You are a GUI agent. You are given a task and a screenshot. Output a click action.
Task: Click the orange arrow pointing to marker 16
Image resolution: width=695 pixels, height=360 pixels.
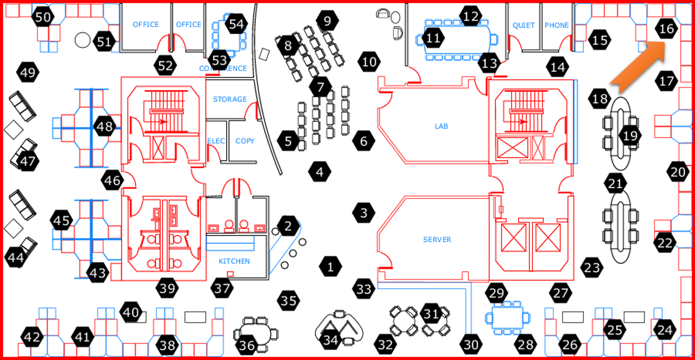637,67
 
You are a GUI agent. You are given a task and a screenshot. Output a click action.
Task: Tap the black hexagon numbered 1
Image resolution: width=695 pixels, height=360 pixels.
330,267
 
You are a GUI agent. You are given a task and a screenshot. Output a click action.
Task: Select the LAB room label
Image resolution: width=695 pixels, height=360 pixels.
441,126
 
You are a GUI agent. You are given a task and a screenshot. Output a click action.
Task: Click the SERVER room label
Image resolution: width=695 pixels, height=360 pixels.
437,240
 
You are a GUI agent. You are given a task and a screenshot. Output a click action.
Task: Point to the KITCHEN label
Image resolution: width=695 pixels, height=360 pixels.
234,261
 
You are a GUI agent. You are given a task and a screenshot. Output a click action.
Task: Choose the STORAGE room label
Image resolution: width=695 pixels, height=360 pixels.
230,99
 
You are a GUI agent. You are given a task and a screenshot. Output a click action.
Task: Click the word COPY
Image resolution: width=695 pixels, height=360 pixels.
245,141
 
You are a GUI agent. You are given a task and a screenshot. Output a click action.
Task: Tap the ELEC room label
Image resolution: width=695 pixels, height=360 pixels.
216,141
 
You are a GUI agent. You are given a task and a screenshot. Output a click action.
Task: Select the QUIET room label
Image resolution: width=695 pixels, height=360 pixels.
524,25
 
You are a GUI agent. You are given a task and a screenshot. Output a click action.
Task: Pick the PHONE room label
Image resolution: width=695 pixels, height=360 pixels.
557,25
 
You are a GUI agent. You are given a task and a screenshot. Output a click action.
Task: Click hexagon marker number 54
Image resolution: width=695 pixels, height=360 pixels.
237,24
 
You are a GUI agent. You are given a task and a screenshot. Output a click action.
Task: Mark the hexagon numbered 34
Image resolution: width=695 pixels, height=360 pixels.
330,339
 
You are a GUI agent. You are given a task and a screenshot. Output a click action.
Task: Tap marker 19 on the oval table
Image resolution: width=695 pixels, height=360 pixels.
630,135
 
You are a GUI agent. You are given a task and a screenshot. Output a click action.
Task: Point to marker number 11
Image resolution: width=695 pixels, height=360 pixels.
433,38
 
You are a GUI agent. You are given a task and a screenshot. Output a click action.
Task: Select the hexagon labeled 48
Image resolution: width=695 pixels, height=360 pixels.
105,127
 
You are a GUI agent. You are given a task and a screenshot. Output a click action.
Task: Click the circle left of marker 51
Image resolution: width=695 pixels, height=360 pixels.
82,40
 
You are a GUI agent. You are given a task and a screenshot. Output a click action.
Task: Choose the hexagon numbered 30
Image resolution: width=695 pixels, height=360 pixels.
472,344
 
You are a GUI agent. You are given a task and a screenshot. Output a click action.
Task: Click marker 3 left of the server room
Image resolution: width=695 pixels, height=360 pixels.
364,213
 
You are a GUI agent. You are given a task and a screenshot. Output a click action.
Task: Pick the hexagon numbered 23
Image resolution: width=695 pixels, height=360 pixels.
591,268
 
